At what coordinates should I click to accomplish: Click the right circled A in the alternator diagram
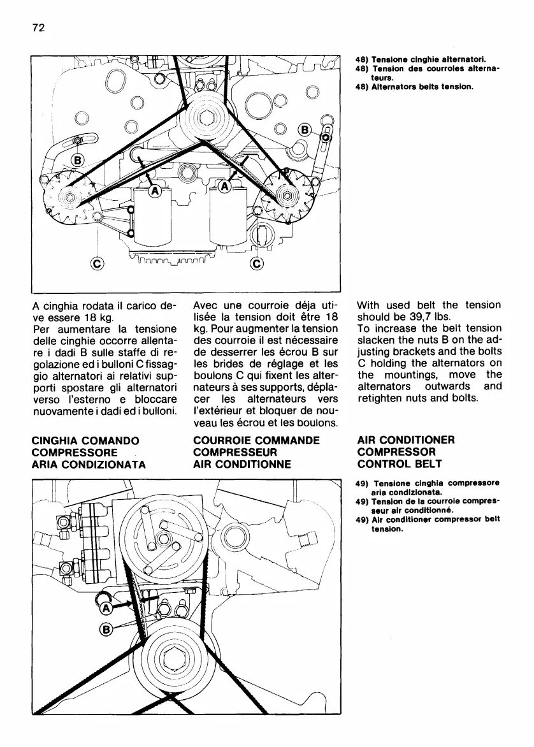coord(224,187)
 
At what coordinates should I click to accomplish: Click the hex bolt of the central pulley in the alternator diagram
coord(206,119)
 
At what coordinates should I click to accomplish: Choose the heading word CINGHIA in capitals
coord(57,440)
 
